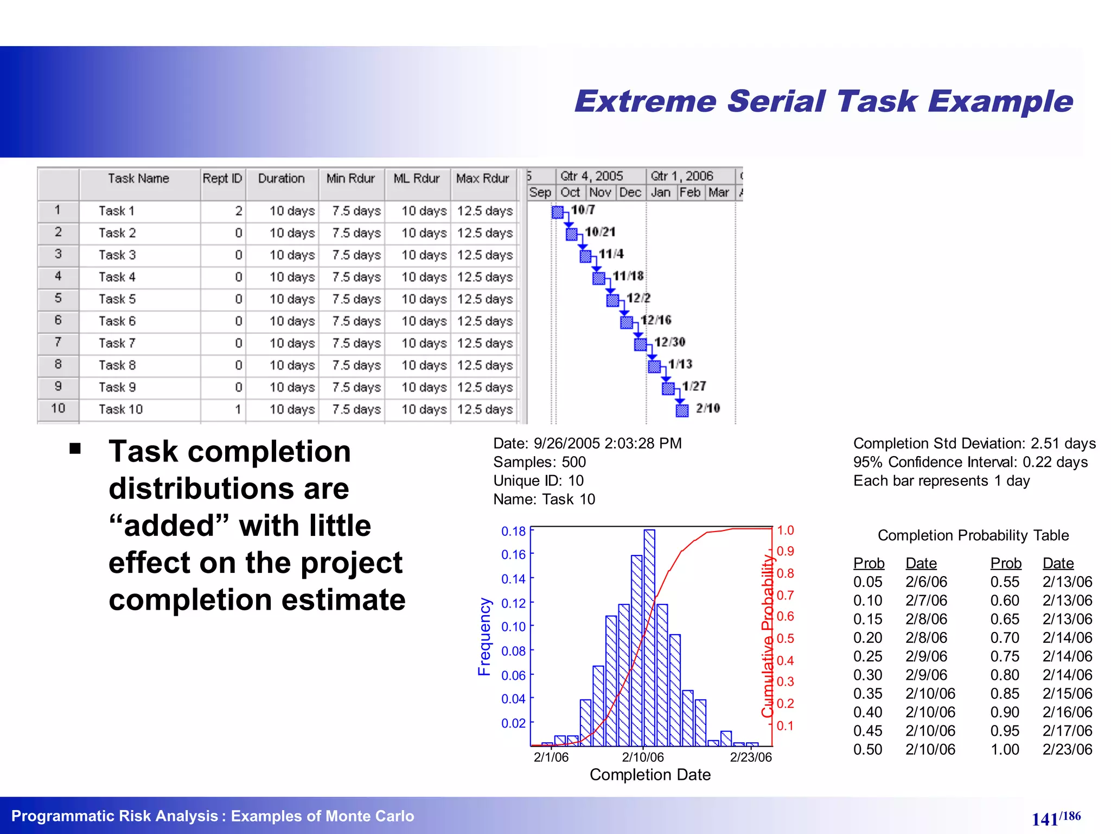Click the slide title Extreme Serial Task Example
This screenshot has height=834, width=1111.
tap(823, 102)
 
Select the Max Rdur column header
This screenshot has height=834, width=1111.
tap(482, 179)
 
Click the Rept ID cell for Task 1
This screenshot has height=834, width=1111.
tap(223, 211)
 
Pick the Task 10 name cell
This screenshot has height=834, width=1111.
tap(120, 409)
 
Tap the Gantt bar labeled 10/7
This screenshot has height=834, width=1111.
tap(558, 212)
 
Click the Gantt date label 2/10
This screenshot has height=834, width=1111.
tap(708, 408)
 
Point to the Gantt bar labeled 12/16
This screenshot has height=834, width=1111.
tap(627, 323)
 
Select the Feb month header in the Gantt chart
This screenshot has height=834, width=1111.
tap(690, 193)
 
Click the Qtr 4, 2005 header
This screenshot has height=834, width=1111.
tap(591, 176)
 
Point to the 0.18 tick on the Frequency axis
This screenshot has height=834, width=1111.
tap(513, 532)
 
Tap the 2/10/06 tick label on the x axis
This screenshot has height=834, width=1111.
tap(643, 757)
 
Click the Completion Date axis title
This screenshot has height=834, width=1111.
tap(650, 775)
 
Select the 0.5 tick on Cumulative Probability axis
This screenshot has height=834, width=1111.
tap(785, 639)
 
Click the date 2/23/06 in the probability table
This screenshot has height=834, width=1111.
tap(1067, 750)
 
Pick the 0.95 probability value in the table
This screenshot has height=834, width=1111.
tap(1005, 731)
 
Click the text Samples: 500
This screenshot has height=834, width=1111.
tap(539, 462)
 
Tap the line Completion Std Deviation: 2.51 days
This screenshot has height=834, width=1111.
tap(974, 444)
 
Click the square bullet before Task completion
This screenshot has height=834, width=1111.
tap(75, 448)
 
